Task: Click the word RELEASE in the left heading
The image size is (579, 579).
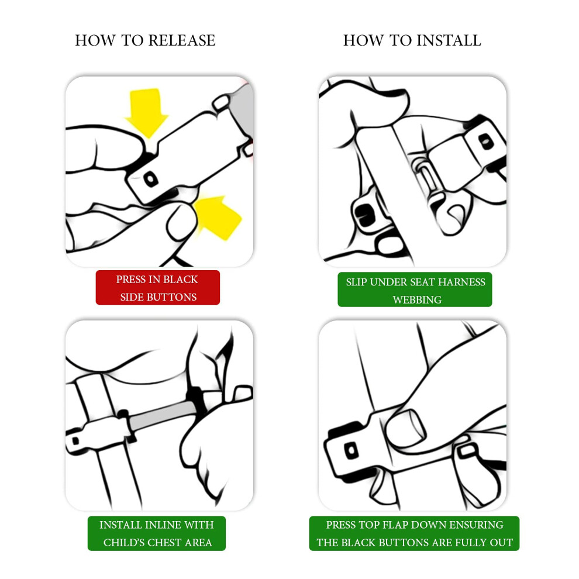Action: click(182, 40)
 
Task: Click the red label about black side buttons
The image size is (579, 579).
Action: click(158, 288)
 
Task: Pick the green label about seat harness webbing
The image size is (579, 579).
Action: click(415, 289)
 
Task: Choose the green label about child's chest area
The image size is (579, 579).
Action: click(157, 533)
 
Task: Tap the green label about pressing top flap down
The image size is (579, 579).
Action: click(414, 533)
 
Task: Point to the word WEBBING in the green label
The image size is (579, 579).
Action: click(417, 299)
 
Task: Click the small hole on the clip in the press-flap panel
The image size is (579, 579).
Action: click(351, 450)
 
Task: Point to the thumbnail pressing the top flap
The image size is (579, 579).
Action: click(406, 428)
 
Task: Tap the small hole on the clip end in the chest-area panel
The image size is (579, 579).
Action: click(75, 440)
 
